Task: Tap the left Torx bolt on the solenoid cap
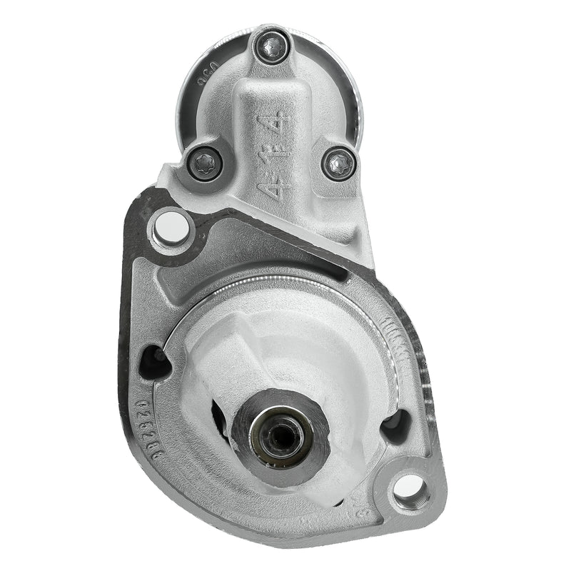tap(205, 163)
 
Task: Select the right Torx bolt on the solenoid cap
tap(339, 163)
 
